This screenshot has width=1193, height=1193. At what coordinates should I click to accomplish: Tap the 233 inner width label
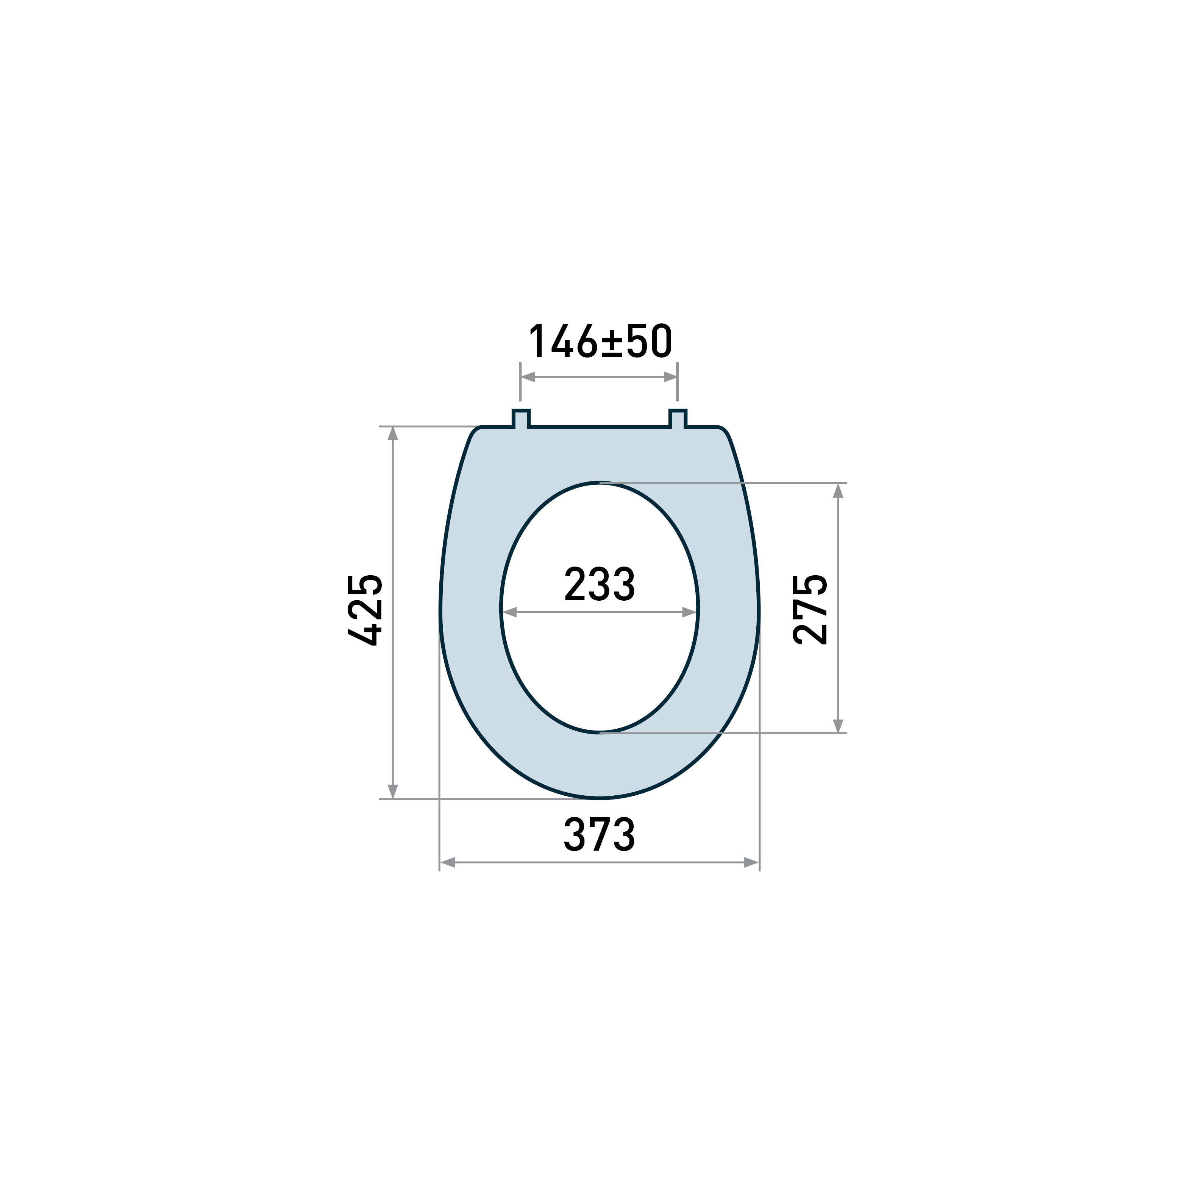tap(599, 584)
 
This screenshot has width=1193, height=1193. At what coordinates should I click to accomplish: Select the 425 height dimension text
tap(365, 610)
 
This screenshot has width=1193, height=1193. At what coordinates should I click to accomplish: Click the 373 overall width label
tap(599, 834)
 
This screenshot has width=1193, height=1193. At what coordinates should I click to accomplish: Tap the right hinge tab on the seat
tap(678, 418)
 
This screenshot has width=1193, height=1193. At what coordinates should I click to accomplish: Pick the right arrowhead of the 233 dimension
tap(689, 612)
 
